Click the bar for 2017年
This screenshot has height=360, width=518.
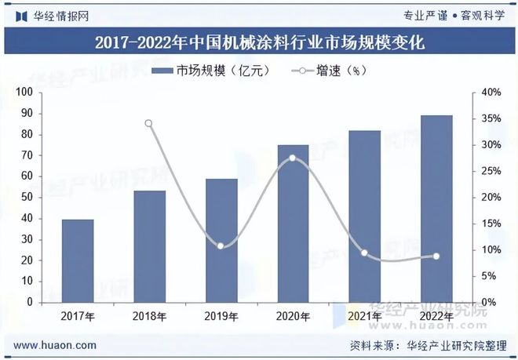(x=78, y=260)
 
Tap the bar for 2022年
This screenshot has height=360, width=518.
(x=436, y=209)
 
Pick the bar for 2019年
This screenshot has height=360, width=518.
(x=221, y=240)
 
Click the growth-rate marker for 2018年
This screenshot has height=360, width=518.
(x=148, y=123)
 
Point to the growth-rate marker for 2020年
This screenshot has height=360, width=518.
(x=293, y=158)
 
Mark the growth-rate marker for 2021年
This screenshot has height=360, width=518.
(x=364, y=253)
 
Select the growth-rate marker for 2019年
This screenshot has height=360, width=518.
(x=221, y=246)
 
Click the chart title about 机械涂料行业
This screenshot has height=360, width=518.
(x=259, y=42)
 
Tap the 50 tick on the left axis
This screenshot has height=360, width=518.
(x=26, y=197)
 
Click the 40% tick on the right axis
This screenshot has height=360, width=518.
(x=491, y=93)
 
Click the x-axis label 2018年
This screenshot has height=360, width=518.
(x=148, y=316)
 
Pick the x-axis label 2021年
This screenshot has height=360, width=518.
(x=364, y=316)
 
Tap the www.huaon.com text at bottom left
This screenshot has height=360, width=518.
(x=56, y=345)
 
